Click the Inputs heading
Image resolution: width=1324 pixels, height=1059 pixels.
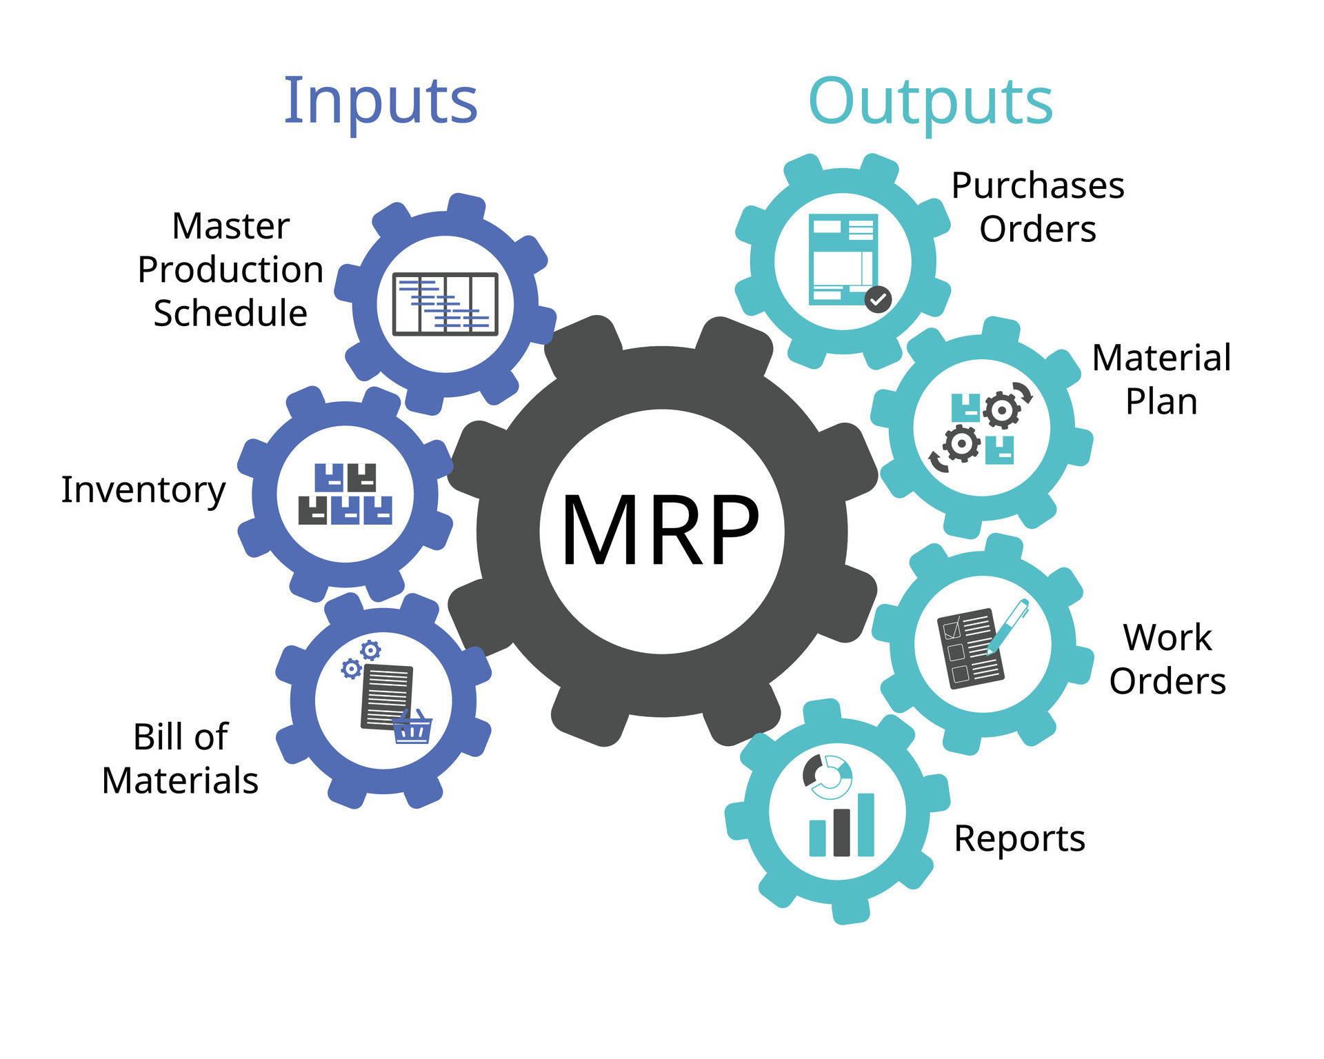pyautogui.click(x=381, y=102)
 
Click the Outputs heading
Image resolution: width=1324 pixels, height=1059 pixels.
pyautogui.click(x=930, y=102)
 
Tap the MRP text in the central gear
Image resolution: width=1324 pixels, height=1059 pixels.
pyautogui.click(x=661, y=532)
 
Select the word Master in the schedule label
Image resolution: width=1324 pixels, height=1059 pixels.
pyautogui.click(x=230, y=226)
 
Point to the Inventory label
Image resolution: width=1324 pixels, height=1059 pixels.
pyautogui.click(x=143, y=490)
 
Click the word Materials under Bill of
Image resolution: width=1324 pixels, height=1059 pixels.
pyautogui.click(x=180, y=781)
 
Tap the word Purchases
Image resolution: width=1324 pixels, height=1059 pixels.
pyautogui.click(x=1037, y=186)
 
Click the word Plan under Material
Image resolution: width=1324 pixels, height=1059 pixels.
pyautogui.click(x=1161, y=402)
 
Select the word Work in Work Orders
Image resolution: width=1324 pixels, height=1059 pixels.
pyautogui.click(x=1167, y=638)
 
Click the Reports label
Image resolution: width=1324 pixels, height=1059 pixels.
pyautogui.click(x=1019, y=840)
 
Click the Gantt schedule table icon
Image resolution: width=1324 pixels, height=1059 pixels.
pyautogui.click(x=445, y=304)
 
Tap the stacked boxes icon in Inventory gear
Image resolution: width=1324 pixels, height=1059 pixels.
pyautogui.click(x=345, y=494)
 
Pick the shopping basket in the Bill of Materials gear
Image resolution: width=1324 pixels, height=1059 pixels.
pyautogui.click(x=412, y=729)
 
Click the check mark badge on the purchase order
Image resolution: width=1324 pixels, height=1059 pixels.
pyautogui.click(x=878, y=299)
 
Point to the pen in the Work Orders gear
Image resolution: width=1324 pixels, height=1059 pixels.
pyautogui.click(x=1008, y=625)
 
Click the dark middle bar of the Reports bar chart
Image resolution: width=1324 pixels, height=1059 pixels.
pyautogui.click(x=841, y=833)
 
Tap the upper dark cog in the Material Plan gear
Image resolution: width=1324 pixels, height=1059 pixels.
pyautogui.click(x=1001, y=410)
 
